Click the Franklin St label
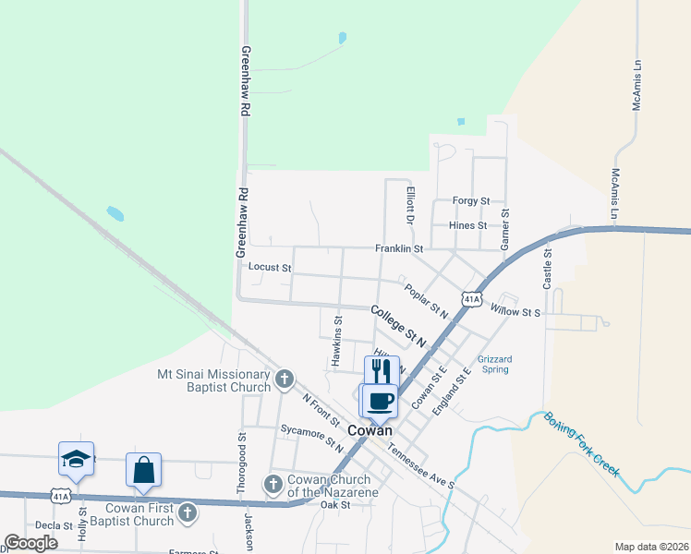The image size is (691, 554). pyautogui.click(x=398, y=249)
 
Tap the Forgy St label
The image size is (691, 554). pyautogui.click(x=470, y=200)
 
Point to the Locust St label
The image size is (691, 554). pyautogui.click(x=270, y=268)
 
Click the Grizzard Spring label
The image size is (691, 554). pyautogui.click(x=495, y=364)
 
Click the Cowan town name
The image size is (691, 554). pyautogui.click(x=370, y=431)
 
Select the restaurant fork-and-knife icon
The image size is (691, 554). pyautogui.click(x=382, y=370)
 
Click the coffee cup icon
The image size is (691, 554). pyautogui.click(x=379, y=400)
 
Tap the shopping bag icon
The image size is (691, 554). pyautogui.click(x=143, y=470)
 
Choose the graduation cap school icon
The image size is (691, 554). pyautogui.click(x=77, y=459)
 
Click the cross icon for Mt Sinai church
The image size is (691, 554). pyautogui.click(x=285, y=377)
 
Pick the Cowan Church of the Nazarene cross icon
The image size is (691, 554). pyautogui.click(x=273, y=483)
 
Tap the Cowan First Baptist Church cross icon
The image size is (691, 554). pyautogui.click(x=188, y=512)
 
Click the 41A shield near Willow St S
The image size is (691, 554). pyautogui.click(x=472, y=299)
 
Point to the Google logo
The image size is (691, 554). pyautogui.click(x=31, y=543)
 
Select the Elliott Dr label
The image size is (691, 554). pyautogui.click(x=410, y=205)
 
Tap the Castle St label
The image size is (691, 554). pyautogui.click(x=547, y=269)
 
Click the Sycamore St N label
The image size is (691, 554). pyautogui.click(x=311, y=437)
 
